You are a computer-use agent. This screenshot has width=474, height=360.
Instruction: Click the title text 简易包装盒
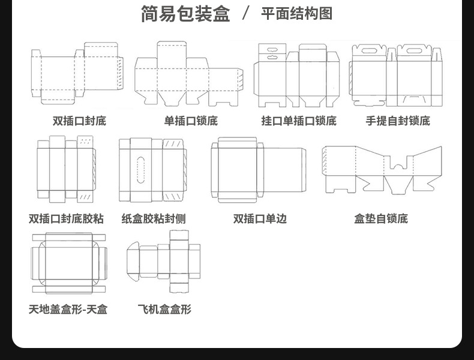185,13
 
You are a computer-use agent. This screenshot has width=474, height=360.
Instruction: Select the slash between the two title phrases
245,13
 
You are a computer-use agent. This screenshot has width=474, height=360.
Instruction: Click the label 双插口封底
79,121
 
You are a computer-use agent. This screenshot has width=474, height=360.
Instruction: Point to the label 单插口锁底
191,121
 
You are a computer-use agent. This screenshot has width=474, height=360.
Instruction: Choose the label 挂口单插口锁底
298,121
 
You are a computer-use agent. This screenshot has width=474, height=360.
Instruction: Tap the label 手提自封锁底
398,121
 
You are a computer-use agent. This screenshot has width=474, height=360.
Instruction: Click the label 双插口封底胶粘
66,218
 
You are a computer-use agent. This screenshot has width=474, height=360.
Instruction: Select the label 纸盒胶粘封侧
154,218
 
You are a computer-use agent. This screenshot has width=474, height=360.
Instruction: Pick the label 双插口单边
260,218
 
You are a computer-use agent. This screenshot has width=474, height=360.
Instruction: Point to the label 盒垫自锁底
381,218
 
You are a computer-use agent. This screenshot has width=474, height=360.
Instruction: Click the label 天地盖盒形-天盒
68,310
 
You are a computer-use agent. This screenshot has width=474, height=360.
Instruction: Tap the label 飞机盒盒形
164,310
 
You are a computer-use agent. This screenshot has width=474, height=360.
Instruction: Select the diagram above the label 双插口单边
258,170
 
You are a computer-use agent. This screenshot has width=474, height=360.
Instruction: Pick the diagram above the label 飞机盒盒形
164,260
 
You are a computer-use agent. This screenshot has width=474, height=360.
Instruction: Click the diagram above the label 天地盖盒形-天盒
68,263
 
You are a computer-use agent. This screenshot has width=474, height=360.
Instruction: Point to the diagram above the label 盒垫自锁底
382,169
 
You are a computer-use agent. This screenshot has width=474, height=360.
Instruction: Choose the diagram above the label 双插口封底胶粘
65,169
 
